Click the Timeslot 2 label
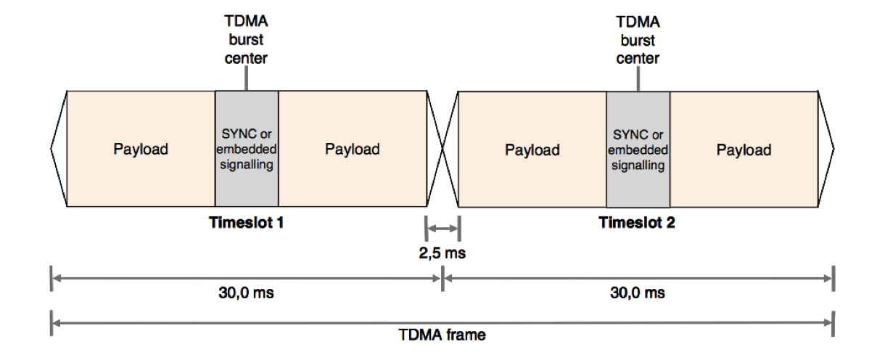(637, 223)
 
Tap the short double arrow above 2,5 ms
(442, 230)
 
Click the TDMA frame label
(442, 335)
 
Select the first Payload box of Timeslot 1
(141, 149)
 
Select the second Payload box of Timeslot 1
(353, 149)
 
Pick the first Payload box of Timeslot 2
(532, 150)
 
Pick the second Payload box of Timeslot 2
(744, 150)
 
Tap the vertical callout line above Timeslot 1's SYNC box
(247, 80)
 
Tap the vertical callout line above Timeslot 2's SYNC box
(638, 80)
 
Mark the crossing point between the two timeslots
(442, 149)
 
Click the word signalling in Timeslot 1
(247, 165)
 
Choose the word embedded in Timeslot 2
(638, 150)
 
